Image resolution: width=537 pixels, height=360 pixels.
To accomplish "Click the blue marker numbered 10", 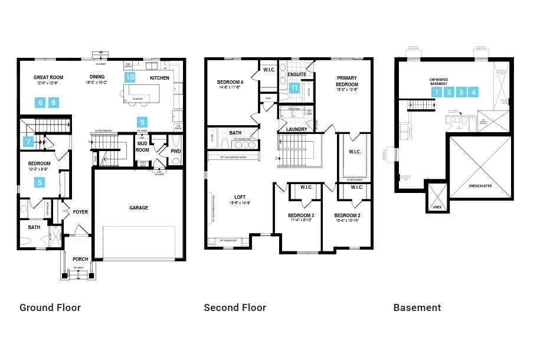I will tap(130, 77).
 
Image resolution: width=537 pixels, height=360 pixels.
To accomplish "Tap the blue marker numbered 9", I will tap(142, 122).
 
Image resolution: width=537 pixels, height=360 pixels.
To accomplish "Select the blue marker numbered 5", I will tap(40, 182).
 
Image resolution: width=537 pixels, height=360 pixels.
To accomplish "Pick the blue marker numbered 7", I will tap(28, 142).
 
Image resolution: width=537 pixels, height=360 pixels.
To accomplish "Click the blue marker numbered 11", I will tap(294, 88).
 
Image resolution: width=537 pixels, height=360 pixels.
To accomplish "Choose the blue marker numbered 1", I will tap(436, 92).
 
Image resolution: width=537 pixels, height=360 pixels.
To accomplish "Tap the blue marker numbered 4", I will tap(473, 92).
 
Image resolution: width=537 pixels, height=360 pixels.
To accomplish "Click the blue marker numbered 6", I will tap(40, 103).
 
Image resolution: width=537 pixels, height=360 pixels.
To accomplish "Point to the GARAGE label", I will tap(139, 208).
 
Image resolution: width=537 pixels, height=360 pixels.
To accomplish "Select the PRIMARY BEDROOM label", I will tap(348, 81).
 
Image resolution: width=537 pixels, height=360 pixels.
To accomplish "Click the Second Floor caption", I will tap(235, 307).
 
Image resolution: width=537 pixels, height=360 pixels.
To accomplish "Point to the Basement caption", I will tap(417, 307).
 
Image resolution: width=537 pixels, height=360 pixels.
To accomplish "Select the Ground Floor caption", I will tap(50, 307).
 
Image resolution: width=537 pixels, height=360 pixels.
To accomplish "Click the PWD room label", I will tap(175, 151).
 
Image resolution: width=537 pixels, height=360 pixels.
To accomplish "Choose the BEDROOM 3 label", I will tap(301, 215).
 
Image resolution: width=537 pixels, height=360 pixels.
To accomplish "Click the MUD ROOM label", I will tap(142, 146).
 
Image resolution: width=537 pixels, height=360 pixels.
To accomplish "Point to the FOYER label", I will tap(80, 212).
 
